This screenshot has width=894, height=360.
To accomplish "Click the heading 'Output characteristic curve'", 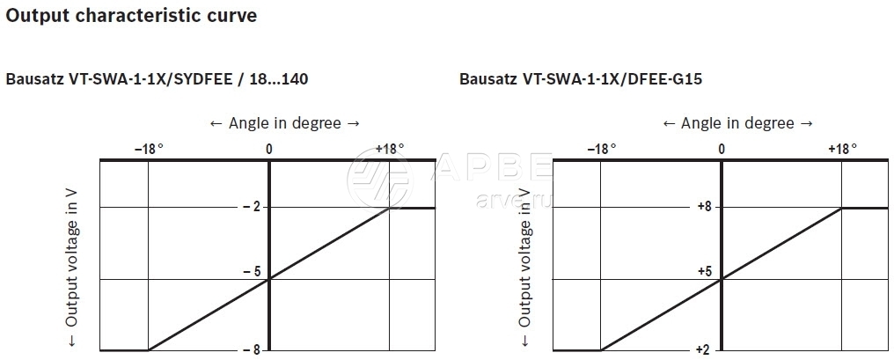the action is coord(131,16).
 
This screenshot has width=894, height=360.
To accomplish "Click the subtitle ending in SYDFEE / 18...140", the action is coord(157,79).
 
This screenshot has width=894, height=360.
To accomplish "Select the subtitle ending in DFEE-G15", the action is coord(581,79).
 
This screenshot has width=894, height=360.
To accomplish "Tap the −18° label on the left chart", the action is coord(149,149).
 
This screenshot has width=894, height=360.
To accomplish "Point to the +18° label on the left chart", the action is coord(390,149).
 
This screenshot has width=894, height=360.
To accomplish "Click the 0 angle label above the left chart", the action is coord(268,150).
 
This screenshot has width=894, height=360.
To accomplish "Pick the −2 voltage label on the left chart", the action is coord(252,207).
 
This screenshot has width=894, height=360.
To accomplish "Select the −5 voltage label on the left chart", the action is coord(252,272).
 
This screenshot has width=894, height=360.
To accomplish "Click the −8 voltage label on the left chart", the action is coord(252,349).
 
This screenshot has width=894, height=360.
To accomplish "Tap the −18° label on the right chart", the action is coord(602,149).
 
